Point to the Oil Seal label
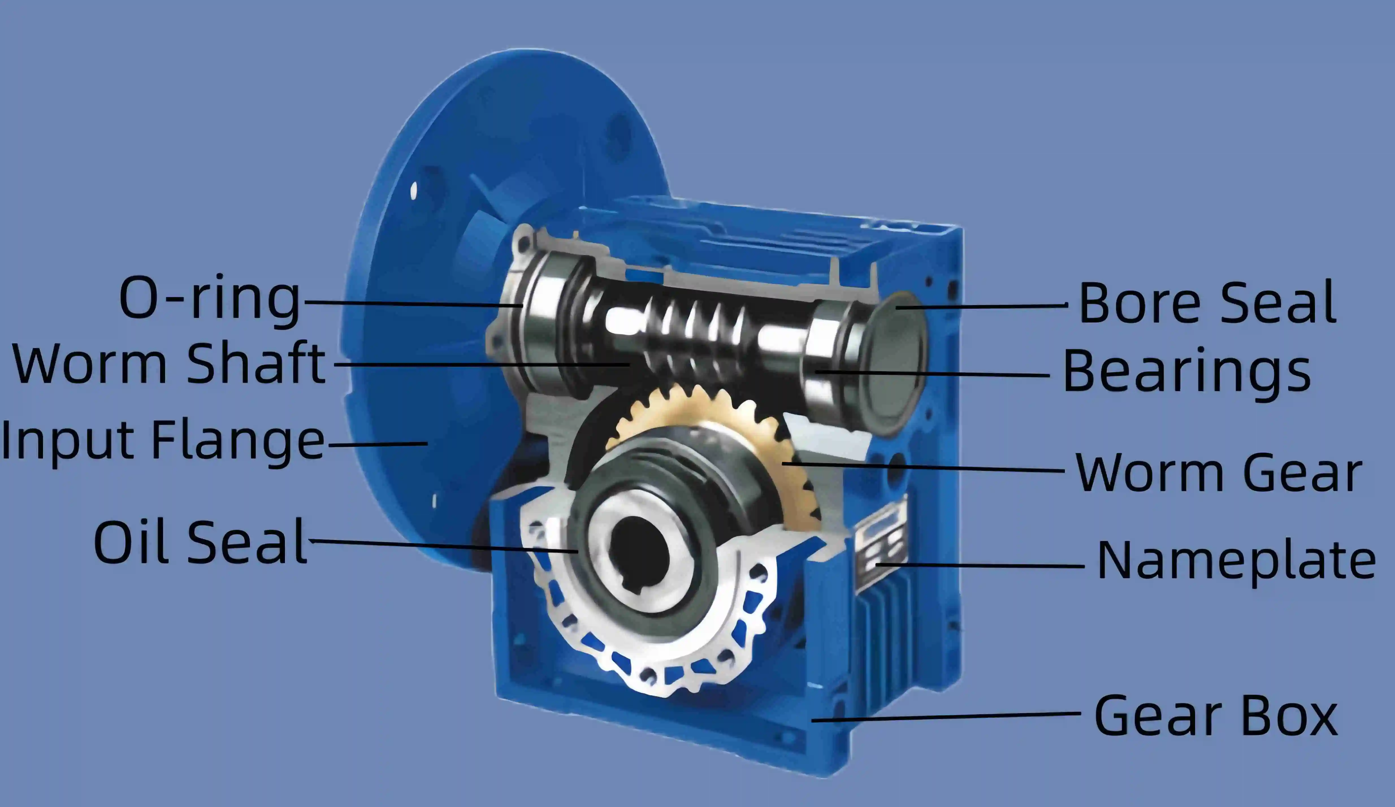(x=200, y=543)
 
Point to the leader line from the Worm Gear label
(x=924, y=468)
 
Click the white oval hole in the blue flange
(x=413, y=191)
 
